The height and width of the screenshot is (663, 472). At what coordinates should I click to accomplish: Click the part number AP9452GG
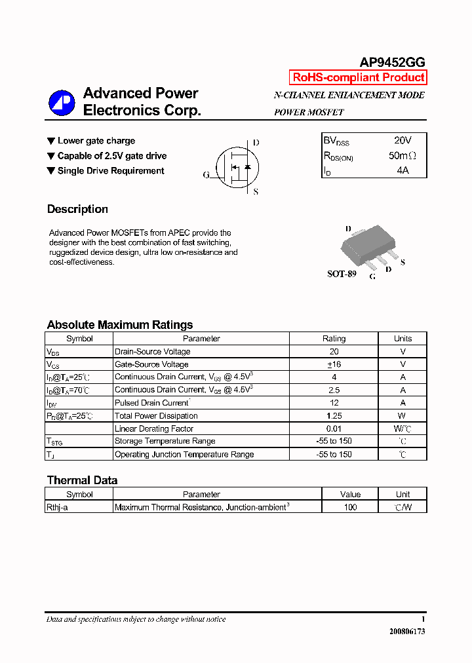tap(392, 62)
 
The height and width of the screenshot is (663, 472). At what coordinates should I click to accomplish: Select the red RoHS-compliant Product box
tap(359, 77)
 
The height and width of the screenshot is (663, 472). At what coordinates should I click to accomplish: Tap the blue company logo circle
tap(62, 102)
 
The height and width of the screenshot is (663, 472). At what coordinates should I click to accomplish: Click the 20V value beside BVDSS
tap(403, 140)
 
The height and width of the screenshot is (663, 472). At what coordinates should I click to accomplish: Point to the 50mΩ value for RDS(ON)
tap(402, 156)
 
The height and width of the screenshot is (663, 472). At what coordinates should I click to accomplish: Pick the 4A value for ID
tap(403, 170)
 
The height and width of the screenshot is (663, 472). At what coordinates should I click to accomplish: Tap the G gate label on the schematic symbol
tap(206, 175)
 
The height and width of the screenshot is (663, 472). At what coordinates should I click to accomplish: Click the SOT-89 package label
tap(342, 274)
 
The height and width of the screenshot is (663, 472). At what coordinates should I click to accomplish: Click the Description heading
tap(77, 210)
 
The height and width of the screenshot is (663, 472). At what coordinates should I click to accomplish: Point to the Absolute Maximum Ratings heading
tap(120, 325)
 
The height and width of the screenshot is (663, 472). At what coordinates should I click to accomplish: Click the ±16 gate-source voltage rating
tap(334, 364)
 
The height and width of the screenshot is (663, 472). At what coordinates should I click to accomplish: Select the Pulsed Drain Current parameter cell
tap(152, 403)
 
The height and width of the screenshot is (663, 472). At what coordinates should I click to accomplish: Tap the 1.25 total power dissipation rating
tap(334, 416)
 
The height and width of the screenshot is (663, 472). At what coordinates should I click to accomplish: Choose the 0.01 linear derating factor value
tap(334, 428)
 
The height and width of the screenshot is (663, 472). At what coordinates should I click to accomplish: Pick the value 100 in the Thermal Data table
tap(350, 507)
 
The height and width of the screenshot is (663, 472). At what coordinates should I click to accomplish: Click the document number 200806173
tap(407, 632)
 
